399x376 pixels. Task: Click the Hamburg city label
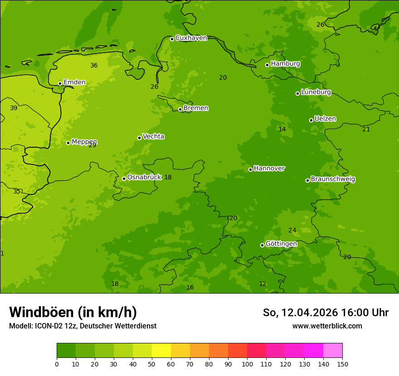point(285,64)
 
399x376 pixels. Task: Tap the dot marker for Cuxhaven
point(172,39)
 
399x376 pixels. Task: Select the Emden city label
point(74,82)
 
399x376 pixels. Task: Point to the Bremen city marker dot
point(180,109)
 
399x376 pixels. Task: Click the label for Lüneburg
point(316,92)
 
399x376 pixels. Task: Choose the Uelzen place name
point(325,119)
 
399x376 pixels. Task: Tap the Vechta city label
point(153,136)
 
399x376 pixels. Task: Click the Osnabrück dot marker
point(124,178)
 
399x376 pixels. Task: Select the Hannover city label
point(269,169)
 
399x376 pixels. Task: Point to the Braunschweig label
point(333,179)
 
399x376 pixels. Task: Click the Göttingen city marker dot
point(262,245)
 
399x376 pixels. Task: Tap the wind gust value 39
point(14,108)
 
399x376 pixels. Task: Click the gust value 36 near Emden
point(94,65)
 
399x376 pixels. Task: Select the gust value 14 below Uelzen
point(282,129)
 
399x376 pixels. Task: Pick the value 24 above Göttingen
point(292,230)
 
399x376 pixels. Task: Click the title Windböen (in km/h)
point(73,312)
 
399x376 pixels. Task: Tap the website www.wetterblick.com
point(327,326)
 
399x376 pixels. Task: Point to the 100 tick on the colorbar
point(247,364)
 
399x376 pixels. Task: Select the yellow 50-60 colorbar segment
point(161,351)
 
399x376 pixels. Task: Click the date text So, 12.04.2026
point(301,313)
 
